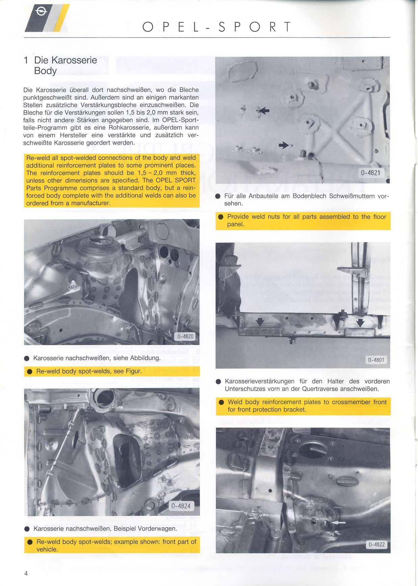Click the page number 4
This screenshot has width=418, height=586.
point(26,573)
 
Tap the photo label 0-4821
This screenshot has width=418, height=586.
point(370,173)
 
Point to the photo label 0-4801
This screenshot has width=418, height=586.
point(376,360)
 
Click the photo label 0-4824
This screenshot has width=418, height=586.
point(181,506)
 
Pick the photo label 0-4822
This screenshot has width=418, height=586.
point(376,544)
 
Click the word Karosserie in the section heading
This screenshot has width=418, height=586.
point(74,60)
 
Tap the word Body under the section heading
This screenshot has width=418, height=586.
point(45,71)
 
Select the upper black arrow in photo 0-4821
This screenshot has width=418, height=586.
point(264,110)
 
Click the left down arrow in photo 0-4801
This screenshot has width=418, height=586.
point(260,322)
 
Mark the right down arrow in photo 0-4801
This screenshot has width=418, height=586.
point(361,323)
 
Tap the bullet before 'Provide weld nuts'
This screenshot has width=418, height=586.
point(221,217)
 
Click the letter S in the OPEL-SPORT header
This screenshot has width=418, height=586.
point(222,27)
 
